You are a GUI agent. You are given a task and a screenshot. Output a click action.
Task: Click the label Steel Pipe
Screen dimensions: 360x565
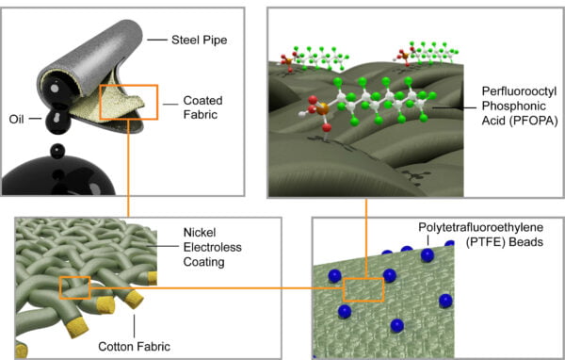tap(202, 40)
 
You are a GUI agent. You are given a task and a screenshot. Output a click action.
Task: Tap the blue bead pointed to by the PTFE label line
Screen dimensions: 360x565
tap(429, 254)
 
